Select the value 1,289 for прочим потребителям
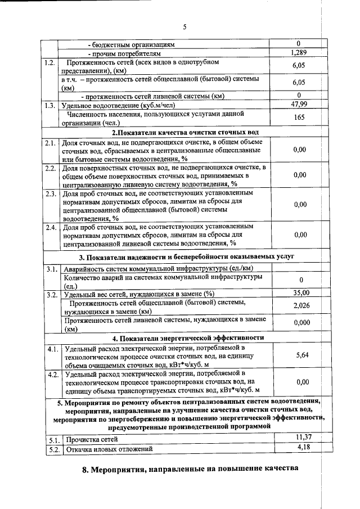click(x=299, y=52)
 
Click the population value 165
click(x=299, y=118)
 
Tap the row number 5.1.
click(x=53, y=439)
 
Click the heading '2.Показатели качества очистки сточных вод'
click(x=186, y=133)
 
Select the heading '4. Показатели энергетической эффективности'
click(x=188, y=338)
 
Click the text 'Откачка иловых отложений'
click(x=109, y=449)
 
